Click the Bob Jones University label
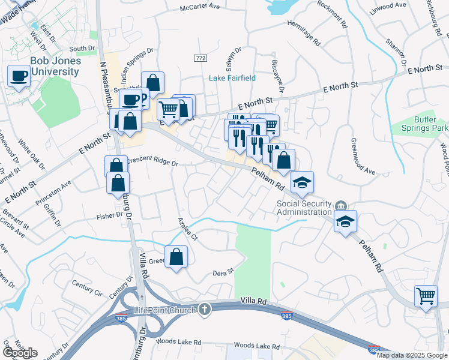55,67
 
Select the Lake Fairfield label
232,78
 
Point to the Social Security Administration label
304,207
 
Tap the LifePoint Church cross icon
205,310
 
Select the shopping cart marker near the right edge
426,296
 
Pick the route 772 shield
200,58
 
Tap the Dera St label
223,273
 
